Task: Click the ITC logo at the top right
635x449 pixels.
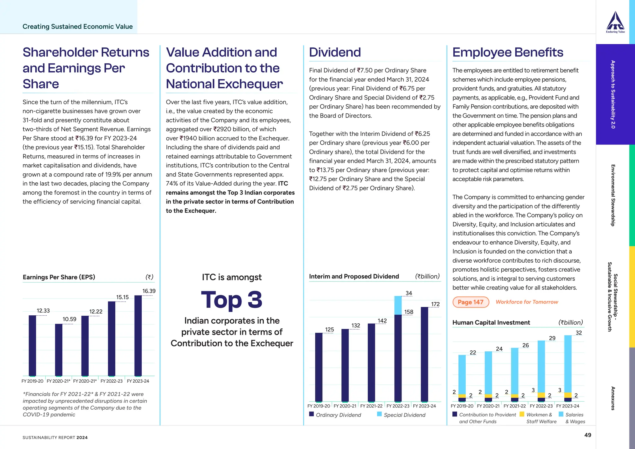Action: pyautogui.click(x=615, y=22)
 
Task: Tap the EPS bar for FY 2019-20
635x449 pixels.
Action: pyautogui.click(x=32, y=345)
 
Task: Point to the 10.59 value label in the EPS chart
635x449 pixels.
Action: pyautogui.click(x=69, y=319)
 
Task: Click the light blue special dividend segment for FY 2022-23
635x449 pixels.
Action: pyautogui.click(x=398, y=305)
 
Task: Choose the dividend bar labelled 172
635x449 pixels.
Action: pyautogui.click(x=424, y=354)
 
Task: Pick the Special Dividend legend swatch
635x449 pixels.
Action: pyautogui.click(x=380, y=414)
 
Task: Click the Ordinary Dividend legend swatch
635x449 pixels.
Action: pyautogui.click(x=312, y=414)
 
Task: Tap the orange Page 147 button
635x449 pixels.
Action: pyautogui.click(x=471, y=302)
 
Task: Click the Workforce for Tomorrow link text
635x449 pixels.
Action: pyautogui.click(x=527, y=302)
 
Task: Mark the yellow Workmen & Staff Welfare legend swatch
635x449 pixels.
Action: pyautogui.click(x=522, y=414)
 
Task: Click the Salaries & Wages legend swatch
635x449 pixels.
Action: pyautogui.click(x=561, y=414)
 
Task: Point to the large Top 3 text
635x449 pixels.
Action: pyautogui.click(x=232, y=300)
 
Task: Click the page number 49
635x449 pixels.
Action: pyautogui.click(x=588, y=435)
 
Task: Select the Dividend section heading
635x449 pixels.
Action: pyautogui.click(x=335, y=52)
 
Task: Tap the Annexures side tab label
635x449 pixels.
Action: pyautogui.click(x=613, y=398)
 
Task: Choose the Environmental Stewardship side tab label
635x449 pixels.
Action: pyautogui.click(x=613, y=195)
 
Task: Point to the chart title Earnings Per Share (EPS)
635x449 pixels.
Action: pyautogui.click(x=59, y=277)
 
